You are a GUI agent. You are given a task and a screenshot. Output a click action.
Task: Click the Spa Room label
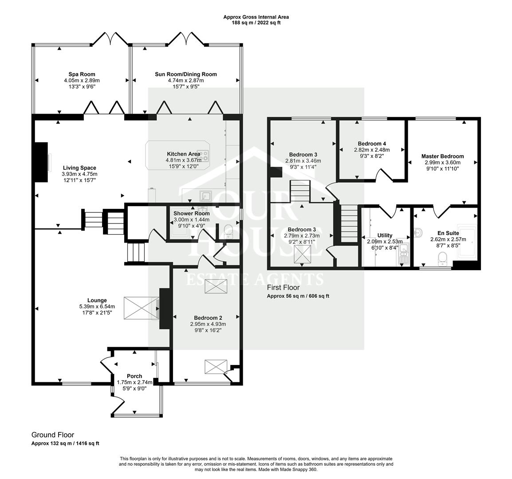click(82, 74)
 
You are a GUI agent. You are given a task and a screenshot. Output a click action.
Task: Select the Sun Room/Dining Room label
click(185, 74)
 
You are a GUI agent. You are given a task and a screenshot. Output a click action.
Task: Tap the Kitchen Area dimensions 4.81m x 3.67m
click(183, 160)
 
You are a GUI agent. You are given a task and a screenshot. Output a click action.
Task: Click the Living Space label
click(79, 168)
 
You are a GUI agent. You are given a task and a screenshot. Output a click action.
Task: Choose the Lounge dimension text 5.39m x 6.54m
click(97, 306)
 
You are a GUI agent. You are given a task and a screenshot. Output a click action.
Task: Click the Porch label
click(134, 376)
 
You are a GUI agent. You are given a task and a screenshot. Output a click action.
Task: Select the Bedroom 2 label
click(208, 318)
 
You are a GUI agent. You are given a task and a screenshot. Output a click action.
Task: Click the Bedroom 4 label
click(372, 144)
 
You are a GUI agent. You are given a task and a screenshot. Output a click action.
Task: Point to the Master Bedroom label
click(442, 156)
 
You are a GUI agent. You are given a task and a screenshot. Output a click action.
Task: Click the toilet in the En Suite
click(442, 257)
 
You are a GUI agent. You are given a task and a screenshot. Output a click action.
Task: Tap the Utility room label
click(385, 236)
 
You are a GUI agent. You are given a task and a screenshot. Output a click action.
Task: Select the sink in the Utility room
click(404, 255)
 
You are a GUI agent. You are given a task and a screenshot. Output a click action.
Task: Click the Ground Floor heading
click(52, 435)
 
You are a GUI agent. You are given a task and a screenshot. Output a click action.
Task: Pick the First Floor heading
click(283, 287)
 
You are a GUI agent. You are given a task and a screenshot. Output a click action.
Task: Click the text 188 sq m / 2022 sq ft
click(256, 23)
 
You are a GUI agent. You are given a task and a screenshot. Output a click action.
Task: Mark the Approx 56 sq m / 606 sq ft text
click(298, 296)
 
